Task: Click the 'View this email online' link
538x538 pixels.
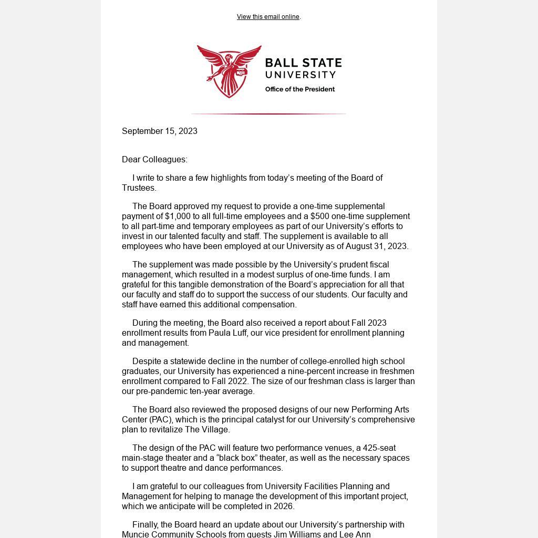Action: pyautogui.click(x=268, y=17)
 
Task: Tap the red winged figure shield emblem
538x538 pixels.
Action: pyautogui.click(x=229, y=71)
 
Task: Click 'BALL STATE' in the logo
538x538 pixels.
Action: pyautogui.click(x=303, y=64)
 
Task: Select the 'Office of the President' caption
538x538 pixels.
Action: pyautogui.click(x=299, y=89)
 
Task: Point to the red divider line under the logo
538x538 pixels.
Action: pyautogui.click(x=268, y=113)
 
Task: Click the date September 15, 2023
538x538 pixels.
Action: pyautogui.click(x=160, y=131)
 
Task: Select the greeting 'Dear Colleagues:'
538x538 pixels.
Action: pyautogui.click(x=154, y=160)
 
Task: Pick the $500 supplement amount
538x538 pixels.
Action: pyautogui.click(x=320, y=216)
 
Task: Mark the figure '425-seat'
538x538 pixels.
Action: pyautogui.click(x=379, y=448)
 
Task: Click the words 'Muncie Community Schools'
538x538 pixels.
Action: pyautogui.click(x=170, y=534)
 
